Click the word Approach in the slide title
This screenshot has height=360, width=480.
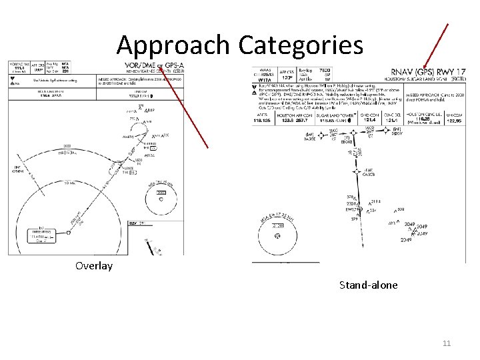173,45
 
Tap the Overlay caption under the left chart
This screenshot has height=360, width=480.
94,266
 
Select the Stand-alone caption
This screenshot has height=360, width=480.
368,285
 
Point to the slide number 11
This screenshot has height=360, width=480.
447,343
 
